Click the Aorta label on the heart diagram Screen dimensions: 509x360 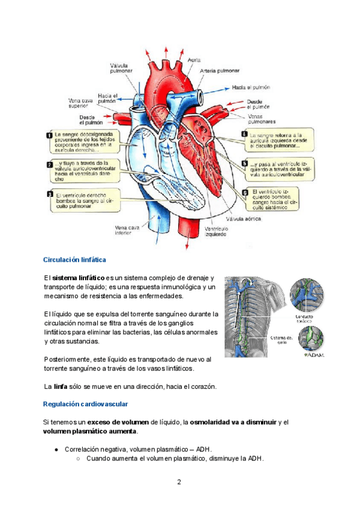[194, 61]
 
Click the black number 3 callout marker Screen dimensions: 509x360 [49, 194]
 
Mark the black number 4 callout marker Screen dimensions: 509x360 [244, 134]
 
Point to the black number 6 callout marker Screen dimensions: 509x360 [244, 193]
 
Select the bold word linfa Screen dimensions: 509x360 [60, 386]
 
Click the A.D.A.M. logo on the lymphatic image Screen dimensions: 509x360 [314, 354]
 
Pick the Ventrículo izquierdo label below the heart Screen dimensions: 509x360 [216, 232]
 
